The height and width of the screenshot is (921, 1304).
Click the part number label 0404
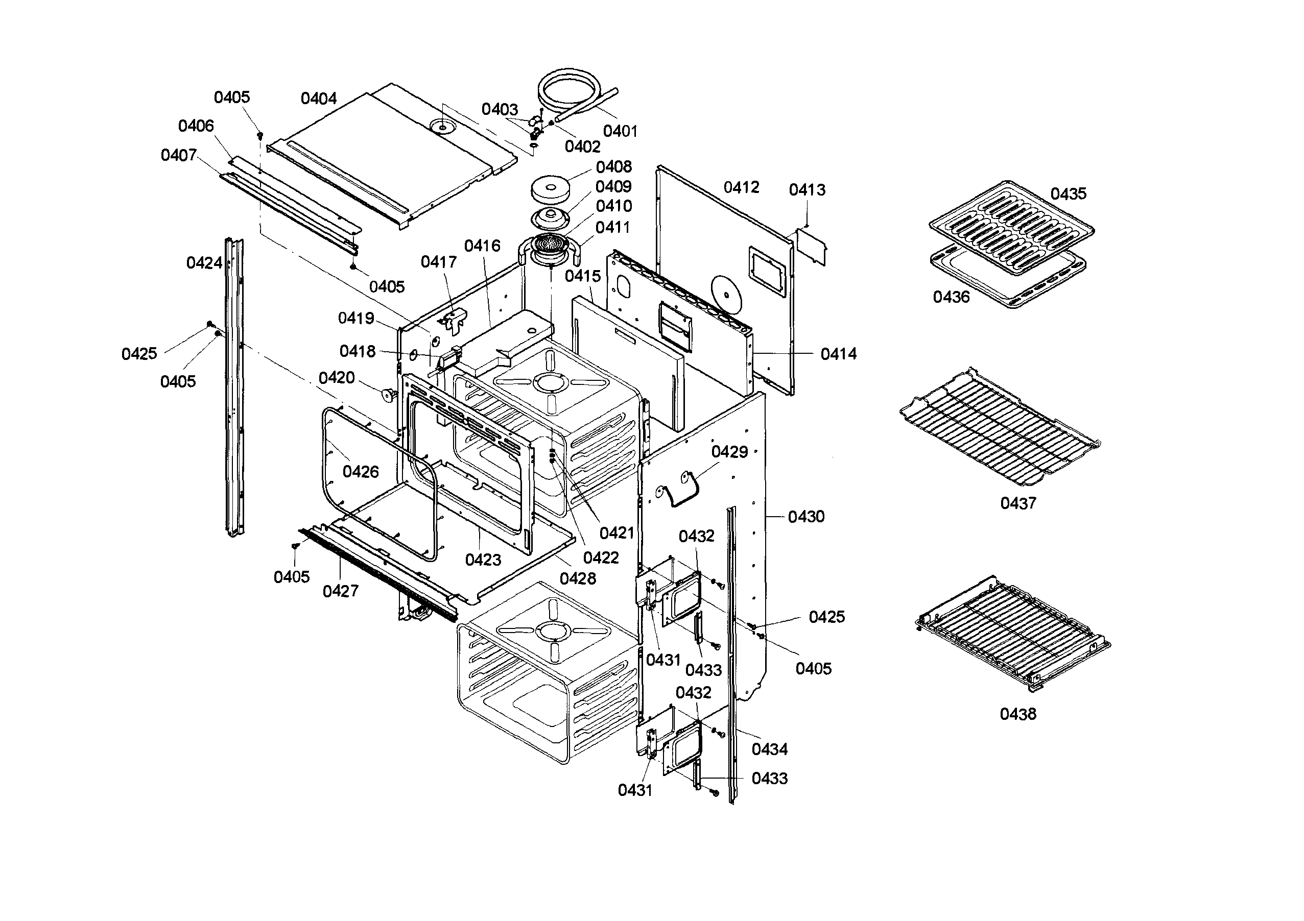click(319, 99)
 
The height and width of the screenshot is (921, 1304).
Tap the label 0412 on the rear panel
click(741, 187)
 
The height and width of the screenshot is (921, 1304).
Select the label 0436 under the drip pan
click(951, 297)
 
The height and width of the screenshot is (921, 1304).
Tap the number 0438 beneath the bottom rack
click(1018, 714)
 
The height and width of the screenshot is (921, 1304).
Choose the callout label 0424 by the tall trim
click(204, 263)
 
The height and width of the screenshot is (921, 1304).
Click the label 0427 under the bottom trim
click(341, 592)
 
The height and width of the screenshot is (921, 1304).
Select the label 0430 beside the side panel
click(806, 517)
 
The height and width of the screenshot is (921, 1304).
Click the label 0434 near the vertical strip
click(770, 749)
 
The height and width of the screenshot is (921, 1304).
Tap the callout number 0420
click(337, 378)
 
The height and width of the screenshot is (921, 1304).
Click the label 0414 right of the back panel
click(838, 354)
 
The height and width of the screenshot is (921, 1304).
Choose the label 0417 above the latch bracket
click(438, 262)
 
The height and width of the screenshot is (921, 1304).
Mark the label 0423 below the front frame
click(483, 561)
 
